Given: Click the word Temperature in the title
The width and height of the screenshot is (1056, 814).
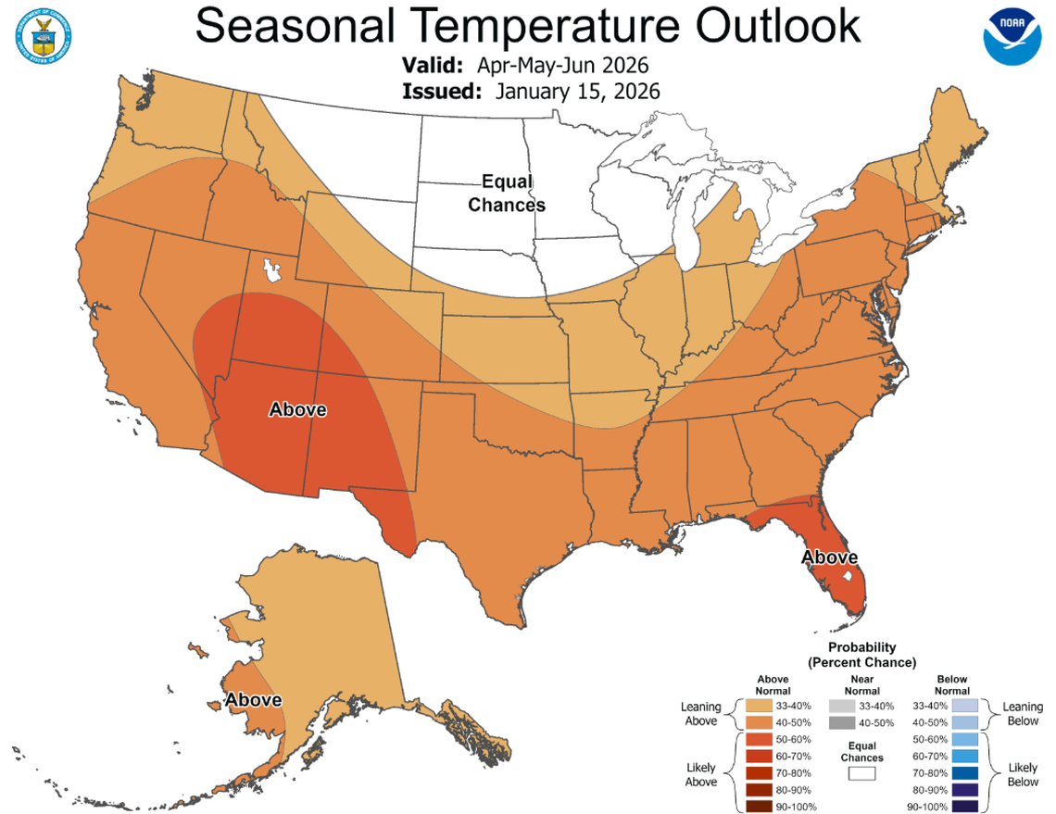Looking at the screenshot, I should [x=527, y=26].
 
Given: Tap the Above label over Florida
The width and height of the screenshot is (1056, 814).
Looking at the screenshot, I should [x=829, y=557].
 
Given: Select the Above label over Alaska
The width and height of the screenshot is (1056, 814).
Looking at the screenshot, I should [x=254, y=699].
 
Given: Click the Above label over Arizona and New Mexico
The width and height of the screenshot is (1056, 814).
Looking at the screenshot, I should [x=297, y=408].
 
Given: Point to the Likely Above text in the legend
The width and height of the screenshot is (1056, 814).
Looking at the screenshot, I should [x=700, y=773].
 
